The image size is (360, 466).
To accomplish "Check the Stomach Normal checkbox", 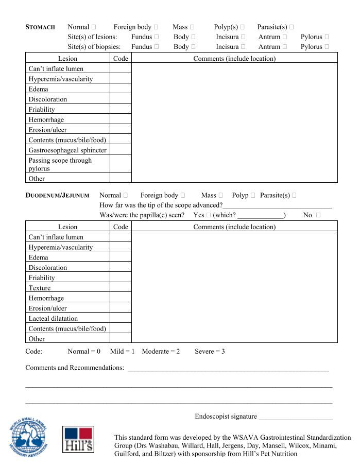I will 94,27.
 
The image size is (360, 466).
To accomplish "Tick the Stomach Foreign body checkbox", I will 156,27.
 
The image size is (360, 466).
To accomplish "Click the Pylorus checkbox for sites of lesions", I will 327,37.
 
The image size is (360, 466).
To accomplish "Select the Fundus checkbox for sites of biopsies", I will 157,47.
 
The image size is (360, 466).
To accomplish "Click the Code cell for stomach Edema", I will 121,89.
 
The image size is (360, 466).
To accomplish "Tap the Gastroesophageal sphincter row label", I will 67,150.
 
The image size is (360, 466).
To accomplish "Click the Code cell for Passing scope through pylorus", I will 121,164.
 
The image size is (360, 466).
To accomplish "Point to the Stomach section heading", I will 40,27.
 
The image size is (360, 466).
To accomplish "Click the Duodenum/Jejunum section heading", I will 57,196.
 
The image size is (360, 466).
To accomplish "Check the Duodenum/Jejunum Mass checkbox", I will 221,196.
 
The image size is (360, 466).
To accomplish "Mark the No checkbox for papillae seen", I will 319,215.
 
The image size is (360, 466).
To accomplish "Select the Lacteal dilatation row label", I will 54,319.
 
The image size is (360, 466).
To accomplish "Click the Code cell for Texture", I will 121,288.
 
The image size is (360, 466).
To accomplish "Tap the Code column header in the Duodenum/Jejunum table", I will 121,227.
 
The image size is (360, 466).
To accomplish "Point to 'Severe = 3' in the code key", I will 210,352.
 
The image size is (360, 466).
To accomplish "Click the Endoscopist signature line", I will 296,417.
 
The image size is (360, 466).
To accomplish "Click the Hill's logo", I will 78,439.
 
